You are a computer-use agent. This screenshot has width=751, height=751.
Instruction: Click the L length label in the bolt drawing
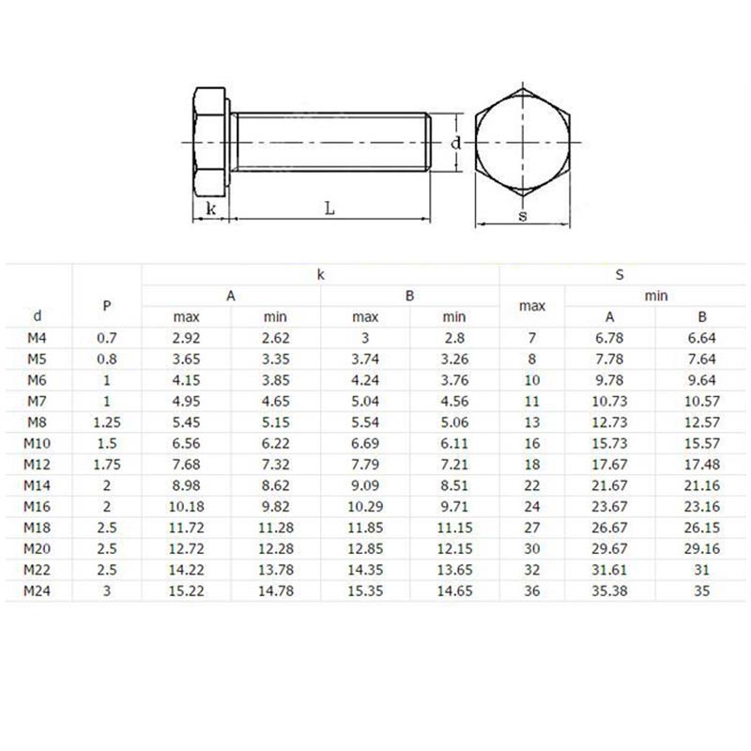330,208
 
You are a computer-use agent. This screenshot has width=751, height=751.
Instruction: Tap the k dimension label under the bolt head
212,207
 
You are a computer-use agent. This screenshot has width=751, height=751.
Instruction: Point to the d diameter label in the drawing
454,143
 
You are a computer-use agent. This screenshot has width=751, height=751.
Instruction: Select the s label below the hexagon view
522,216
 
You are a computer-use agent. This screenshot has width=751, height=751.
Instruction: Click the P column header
107,304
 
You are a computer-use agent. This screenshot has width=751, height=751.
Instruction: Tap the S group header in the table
620,275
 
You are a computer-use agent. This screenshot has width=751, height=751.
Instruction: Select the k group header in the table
320,275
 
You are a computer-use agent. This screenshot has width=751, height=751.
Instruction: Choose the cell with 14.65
453,590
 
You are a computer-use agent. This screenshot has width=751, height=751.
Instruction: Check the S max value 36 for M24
532,590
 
